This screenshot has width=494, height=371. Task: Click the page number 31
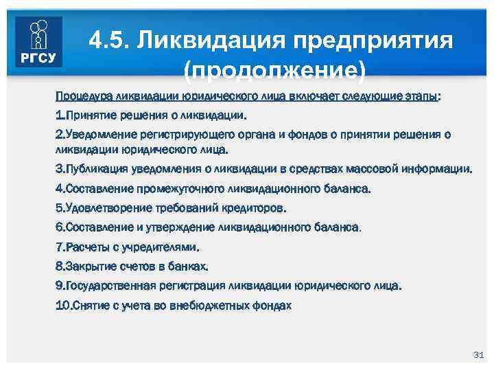[x=479, y=354]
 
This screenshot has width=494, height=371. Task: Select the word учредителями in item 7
[x=158, y=246]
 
